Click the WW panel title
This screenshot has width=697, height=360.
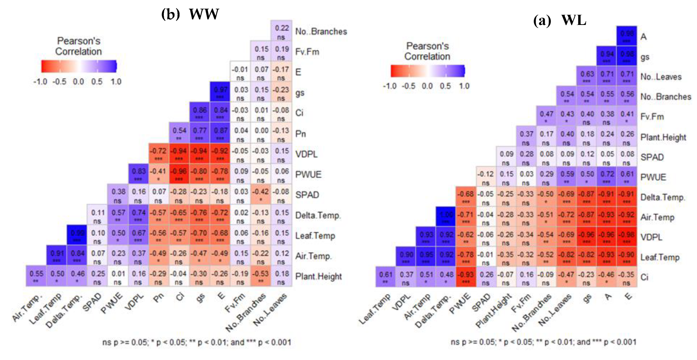point(190,14)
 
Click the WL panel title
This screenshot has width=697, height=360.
point(559,20)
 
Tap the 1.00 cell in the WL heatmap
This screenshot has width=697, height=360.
point(446,217)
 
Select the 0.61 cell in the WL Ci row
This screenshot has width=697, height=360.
point(385,277)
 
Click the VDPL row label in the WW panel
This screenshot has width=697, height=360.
point(306,154)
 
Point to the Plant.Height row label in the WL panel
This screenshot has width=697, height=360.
point(663,137)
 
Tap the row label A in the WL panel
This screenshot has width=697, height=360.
point(643,37)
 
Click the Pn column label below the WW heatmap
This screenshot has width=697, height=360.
point(159,298)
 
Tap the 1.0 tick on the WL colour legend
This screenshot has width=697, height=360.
point(464,86)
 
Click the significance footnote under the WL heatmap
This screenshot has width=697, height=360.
point(543,342)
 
